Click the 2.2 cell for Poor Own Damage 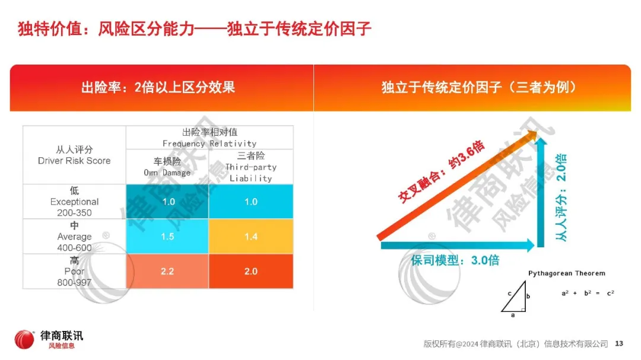(x=167, y=271)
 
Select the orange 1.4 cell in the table (x=251, y=236)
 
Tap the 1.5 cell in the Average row (x=167, y=236)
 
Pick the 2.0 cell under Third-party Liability (x=251, y=271)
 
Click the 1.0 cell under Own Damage (x=168, y=202)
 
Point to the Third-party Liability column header (x=251, y=167)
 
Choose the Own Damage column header (x=167, y=167)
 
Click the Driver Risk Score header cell (x=74, y=155)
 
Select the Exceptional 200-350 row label (x=74, y=202)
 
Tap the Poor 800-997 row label (x=74, y=271)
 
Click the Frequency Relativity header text (x=210, y=138)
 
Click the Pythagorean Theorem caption (x=567, y=273)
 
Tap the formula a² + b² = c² (x=588, y=293)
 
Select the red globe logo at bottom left (x=24, y=340)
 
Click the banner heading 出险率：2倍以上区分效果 (x=158, y=88)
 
